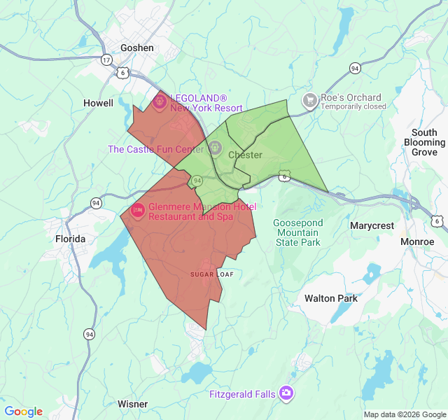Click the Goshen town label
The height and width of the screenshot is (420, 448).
tap(136, 48)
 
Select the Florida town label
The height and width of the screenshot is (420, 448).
tap(70, 239)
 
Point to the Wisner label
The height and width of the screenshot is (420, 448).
tap(132, 404)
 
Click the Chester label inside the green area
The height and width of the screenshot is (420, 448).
tap(245, 155)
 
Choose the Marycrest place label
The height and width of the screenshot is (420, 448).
tap(372, 226)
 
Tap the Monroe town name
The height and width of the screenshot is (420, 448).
tap(417, 241)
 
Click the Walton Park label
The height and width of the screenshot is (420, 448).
tap(330, 298)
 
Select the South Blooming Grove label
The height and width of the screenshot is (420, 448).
tap(424, 142)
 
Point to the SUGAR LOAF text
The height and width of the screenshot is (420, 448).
tap(211, 274)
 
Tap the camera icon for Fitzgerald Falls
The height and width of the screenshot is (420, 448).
tap(286, 393)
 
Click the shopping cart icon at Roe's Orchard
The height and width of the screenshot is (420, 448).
tap(310, 101)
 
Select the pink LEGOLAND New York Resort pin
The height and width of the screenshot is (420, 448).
tap(159, 102)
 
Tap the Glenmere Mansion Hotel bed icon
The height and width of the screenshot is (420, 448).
tap(137, 210)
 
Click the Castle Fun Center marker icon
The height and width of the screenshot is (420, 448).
tap(215, 148)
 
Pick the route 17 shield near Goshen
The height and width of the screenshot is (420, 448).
tap(106, 60)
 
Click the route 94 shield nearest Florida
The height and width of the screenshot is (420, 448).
tap(95, 203)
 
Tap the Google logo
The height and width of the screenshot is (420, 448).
tap(23, 412)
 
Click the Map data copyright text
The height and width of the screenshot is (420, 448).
tap(404, 414)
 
